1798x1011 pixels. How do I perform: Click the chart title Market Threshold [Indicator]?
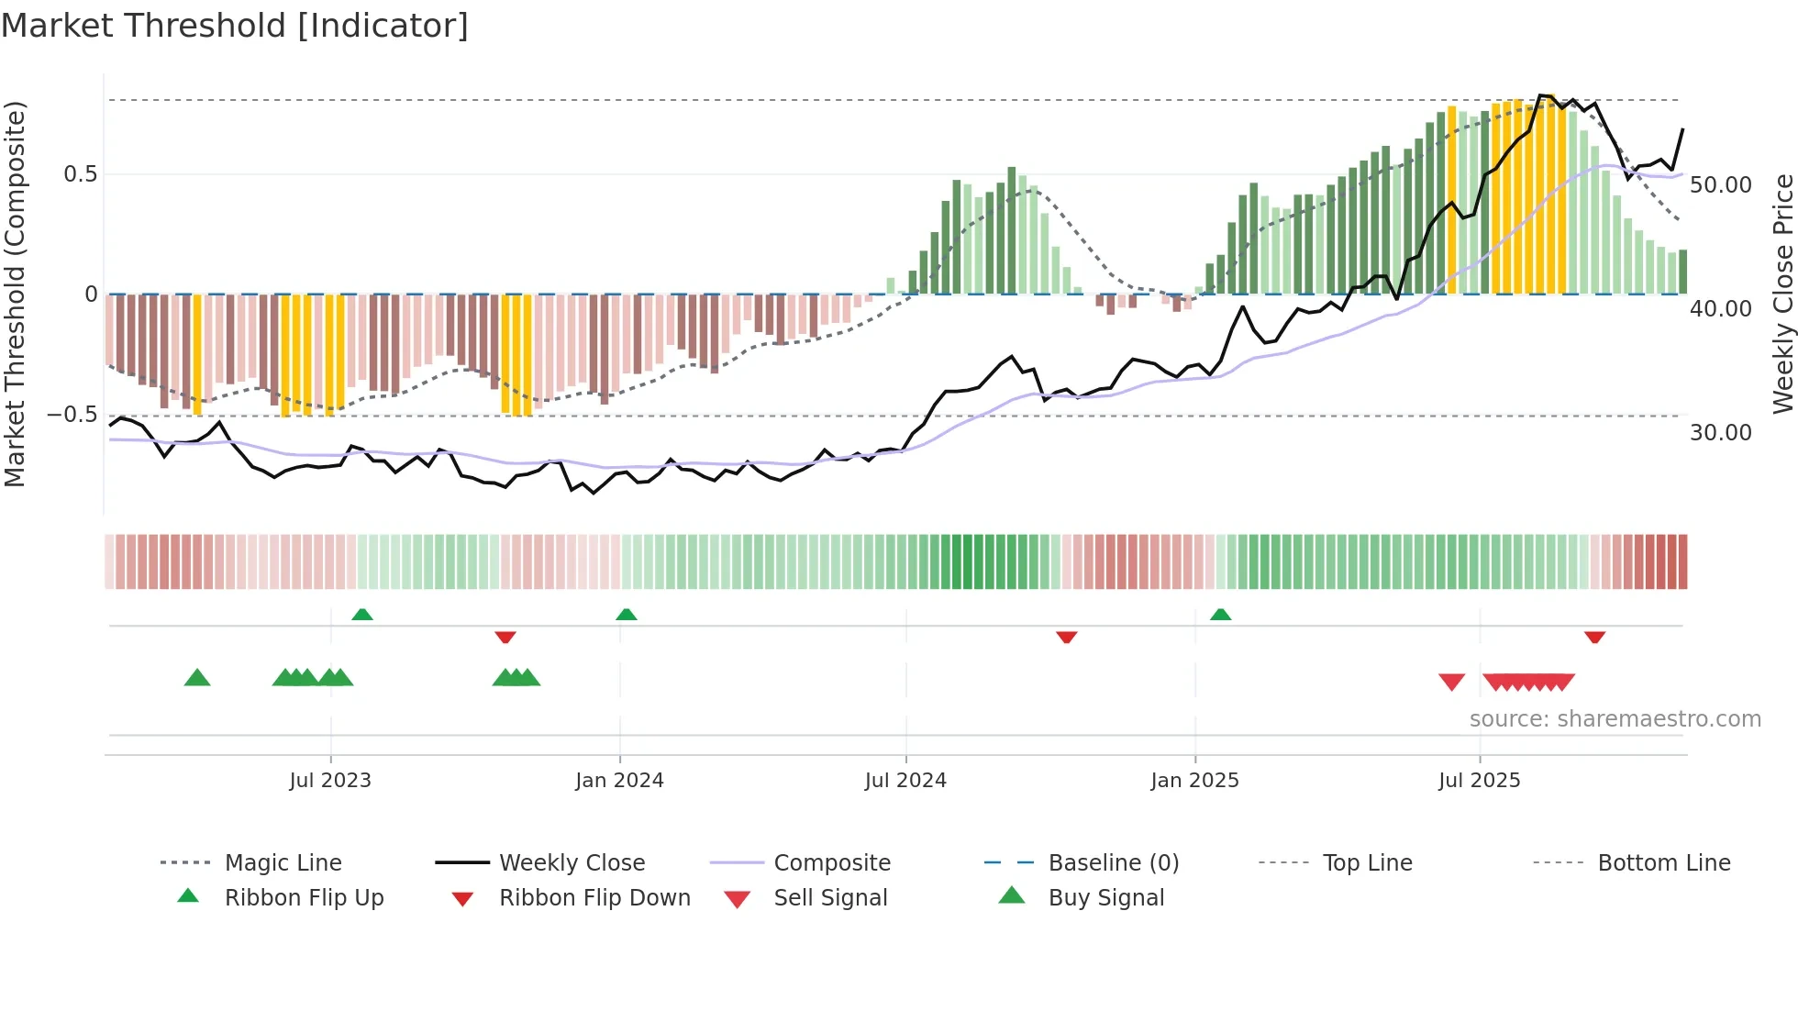tap(235, 26)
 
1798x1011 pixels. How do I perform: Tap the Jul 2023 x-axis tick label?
tap(330, 781)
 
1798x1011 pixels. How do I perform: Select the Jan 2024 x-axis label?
tap(619, 781)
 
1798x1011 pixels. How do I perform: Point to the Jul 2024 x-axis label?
tap(905, 781)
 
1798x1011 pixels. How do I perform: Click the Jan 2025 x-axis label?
tap(1194, 781)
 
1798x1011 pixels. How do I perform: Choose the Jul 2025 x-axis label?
tap(1479, 781)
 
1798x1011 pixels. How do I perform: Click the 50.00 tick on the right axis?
tap(1720, 185)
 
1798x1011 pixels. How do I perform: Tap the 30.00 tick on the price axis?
tap(1720, 433)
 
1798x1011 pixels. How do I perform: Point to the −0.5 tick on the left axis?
tap(72, 415)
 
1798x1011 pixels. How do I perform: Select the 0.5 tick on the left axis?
tap(80, 174)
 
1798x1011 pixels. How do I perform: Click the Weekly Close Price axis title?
tap(1782, 294)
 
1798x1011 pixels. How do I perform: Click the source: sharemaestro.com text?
tap(1615, 719)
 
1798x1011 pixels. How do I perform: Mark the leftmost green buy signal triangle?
tap(197, 678)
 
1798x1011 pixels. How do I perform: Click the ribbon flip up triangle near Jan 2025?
tap(1220, 615)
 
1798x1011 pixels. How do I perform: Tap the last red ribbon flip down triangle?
tap(1594, 637)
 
